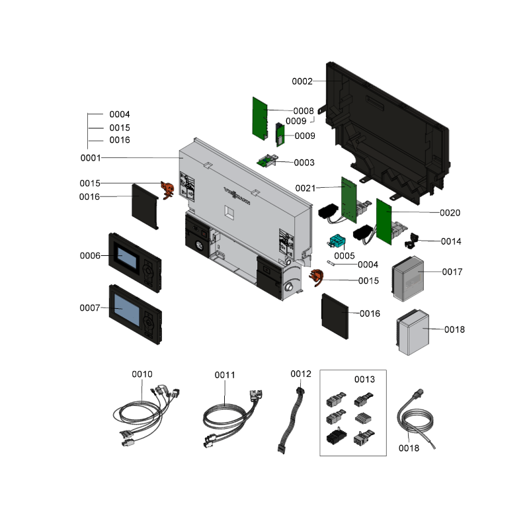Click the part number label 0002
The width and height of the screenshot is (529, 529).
pos(302,81)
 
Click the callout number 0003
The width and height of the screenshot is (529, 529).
pos(304,162)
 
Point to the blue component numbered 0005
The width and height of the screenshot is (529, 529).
pos(338,242)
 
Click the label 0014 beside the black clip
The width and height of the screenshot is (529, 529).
pos(451,241)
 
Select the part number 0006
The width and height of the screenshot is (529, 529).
pos(89,255)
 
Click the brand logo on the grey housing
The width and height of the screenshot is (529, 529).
pos(236,196)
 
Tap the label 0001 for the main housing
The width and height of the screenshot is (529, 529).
pos(90,158)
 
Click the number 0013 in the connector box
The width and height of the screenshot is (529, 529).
pos(364,379)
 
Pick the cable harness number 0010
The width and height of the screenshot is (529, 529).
pos(142,374)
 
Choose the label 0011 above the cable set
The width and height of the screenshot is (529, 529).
pos(225,375)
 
